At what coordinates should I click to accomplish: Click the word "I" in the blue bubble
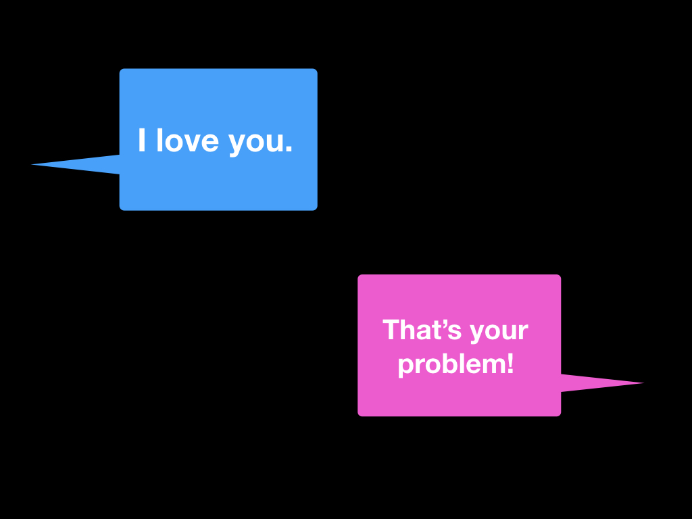[142, 141]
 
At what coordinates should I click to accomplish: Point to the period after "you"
[289, 149]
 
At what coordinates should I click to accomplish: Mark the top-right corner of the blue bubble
[316, 70]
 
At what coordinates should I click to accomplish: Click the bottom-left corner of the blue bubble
[122, 209]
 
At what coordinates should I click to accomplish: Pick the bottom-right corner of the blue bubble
[316, 209]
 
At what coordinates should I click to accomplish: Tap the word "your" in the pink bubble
[499, 332]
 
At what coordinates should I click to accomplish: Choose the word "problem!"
[455, 365]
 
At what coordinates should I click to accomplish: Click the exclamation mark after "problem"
[510, 364]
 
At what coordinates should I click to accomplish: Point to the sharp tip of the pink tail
[643, 383]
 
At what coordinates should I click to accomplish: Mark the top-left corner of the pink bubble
[360, 276]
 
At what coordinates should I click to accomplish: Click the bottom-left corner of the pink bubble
[360, 414]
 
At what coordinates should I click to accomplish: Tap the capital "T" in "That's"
[391, 330]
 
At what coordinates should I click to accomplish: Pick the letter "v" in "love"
[194, 143]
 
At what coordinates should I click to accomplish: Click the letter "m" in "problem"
[493, 366]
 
